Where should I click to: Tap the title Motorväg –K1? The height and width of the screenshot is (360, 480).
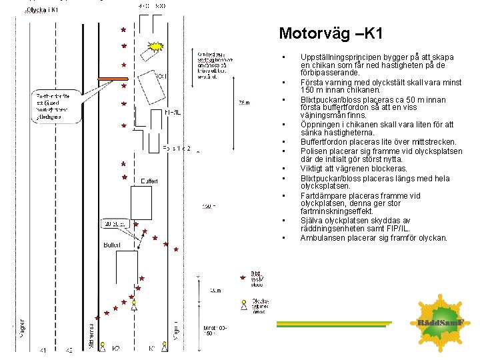click(x=331, y=34)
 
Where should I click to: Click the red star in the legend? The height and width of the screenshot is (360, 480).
click(x=243, y=277)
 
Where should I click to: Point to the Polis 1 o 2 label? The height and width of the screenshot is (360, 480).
click(x=177, y=149)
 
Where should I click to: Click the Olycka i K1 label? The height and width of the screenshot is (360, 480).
click(x=41, y=10)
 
